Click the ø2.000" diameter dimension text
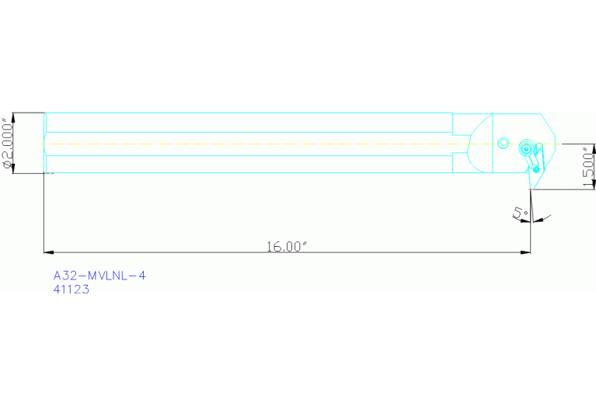coord(9,144)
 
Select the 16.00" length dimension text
coord(288,247)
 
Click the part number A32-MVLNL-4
coord(99,276)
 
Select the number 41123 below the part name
coord(71,290)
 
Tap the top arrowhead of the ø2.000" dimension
coord(13,116)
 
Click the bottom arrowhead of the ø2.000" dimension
coord(13,169)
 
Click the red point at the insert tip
coord(530,189)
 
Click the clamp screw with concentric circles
coord(527,148)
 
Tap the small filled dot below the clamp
coord(536,169)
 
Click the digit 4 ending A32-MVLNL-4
coord(142,276)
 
